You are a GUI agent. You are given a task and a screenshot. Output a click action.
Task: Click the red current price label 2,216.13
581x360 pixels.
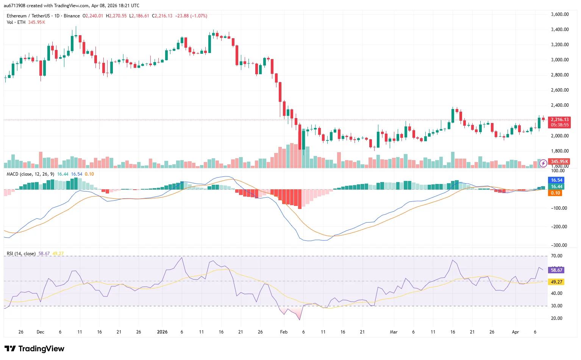coord(559,120)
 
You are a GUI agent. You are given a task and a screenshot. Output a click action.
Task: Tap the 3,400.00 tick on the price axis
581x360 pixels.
coord(559,30)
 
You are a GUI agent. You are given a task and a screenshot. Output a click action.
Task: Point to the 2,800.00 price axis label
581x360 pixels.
coord(559,75)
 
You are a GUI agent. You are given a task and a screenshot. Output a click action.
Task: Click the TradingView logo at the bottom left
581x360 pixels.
coord(34,349)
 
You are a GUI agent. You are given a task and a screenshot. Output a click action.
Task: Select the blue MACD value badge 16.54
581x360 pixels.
coord(556,180)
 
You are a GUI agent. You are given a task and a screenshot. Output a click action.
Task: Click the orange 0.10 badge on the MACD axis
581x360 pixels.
coord(555,193)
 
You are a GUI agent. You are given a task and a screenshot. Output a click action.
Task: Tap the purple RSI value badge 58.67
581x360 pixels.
coord(556,270)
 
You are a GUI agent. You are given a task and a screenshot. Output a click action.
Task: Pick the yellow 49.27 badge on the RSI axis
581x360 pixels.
coord(556,282)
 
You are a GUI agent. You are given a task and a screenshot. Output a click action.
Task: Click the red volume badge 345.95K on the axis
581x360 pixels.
coord(559,162)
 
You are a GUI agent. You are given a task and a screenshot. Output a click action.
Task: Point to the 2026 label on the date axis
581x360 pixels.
coord(162,332)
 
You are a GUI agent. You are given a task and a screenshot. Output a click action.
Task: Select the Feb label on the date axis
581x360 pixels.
coord(284,332)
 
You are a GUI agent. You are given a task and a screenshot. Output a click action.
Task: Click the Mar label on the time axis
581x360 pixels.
coord(394,332)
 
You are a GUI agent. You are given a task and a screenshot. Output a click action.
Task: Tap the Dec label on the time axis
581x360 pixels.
coord(40,332)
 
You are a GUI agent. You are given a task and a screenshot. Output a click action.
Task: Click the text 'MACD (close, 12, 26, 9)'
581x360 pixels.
coord(30,174)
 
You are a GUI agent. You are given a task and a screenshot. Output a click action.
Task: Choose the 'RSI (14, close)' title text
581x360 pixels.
coord(21,254)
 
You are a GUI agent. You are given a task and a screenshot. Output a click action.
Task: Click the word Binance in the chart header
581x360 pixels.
coord(72,16)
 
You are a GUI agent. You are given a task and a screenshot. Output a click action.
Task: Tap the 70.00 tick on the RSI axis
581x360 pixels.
coord(556,256)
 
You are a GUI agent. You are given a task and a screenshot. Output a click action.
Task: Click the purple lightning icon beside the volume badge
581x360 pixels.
coord(543,163)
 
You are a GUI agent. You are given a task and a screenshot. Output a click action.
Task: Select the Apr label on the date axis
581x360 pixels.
coord(515,332)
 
